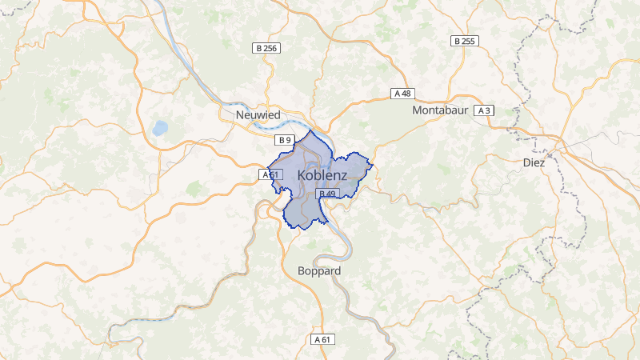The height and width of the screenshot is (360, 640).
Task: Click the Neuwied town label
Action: (258, 115)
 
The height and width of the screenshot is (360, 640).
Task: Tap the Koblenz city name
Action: (322, 175)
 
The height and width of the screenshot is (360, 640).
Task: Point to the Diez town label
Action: (534, 162)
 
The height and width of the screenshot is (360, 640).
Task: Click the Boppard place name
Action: (318, 271)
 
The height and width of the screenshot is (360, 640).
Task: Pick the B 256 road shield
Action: (266, 48)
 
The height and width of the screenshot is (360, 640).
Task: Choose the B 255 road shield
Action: (465, 41)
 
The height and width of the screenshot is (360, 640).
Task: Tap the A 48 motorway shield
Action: (402, 94)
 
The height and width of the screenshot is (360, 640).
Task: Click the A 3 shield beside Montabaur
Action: (483, 110)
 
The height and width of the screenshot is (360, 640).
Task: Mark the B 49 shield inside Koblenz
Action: (327, 193)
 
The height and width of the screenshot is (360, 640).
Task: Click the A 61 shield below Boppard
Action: (322, 339)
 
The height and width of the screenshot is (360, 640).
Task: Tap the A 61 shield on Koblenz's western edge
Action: (270, 174)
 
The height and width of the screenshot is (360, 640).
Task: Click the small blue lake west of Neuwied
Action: (160, 127)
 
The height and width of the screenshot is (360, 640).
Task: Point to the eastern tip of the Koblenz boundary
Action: (373, 166)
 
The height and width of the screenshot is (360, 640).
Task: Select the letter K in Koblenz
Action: (302, 175)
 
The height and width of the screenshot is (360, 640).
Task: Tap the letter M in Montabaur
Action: (417, 110)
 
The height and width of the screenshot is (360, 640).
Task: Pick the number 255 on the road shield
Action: (468, 41)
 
